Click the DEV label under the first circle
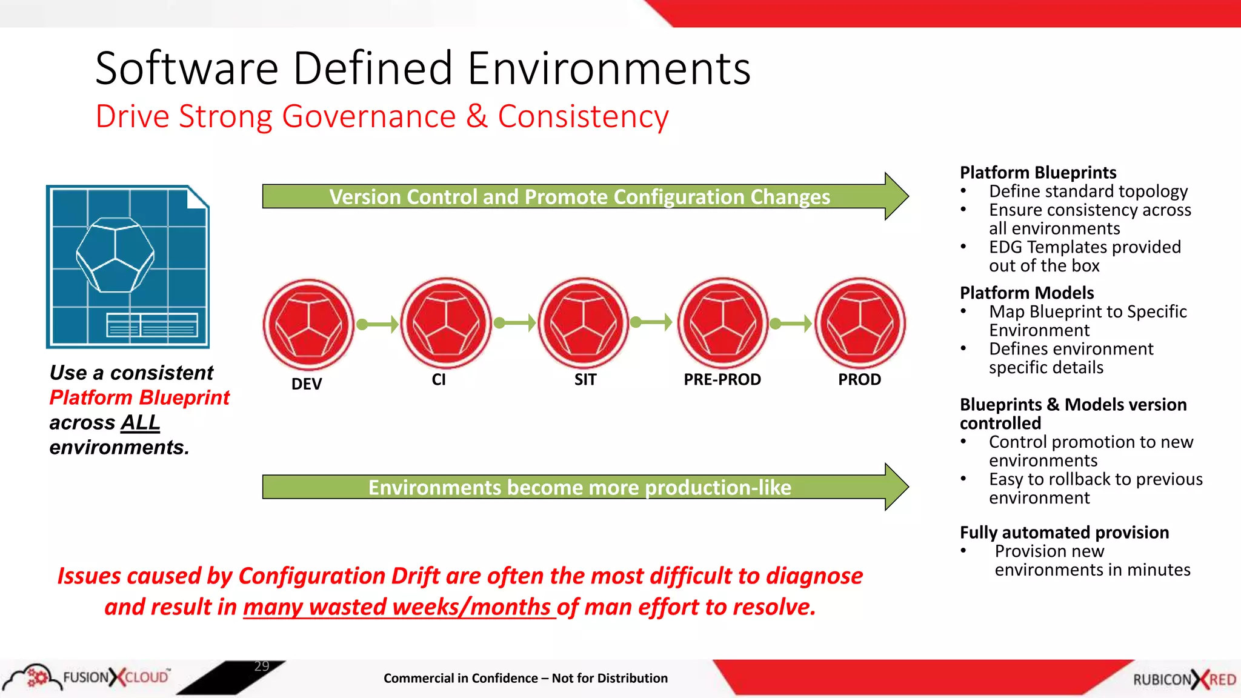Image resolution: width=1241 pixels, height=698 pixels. point(307,384)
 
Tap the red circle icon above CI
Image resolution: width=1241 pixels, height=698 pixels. point(446,323)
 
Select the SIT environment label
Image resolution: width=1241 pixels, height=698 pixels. point(585,380)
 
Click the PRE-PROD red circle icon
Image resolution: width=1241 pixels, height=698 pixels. point(722,323)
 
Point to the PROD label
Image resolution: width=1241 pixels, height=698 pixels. point(859,380)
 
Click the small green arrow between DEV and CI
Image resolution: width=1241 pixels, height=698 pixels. point(378,324)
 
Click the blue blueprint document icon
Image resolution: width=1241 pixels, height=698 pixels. point(128,267)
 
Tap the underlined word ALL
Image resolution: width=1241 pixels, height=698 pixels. point(140,422)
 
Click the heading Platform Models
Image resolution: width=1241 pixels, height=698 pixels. point(1026,293)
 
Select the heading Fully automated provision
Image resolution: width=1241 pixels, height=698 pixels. point(1064,533)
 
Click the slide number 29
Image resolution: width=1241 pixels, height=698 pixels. point(262,666)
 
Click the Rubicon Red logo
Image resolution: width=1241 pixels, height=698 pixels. point(1184,679)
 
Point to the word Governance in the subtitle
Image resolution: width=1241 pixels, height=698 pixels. point(368,116)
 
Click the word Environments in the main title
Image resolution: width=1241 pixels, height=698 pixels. point(608,68)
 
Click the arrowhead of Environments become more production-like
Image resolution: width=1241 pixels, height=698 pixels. point(896,487)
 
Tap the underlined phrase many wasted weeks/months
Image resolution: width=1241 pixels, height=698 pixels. point(399,607)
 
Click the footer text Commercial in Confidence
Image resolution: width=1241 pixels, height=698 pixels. point(461,679)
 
